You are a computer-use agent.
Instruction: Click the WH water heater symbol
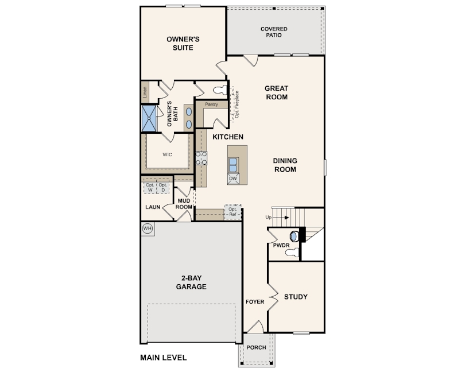pos(148,228)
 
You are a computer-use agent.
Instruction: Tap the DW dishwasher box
pos(233,179)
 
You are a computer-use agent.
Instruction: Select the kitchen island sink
pos(233,165)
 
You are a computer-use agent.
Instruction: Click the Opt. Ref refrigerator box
pos(233,212)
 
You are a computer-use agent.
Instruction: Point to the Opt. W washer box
pos(150,188)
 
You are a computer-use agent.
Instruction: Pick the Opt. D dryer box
pos(163,188)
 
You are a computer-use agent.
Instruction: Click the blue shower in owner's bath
pos(149,118)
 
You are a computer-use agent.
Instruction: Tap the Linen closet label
pos(145,92)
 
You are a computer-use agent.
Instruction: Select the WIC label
pos(167,154)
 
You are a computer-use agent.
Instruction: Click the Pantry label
pos(211,104)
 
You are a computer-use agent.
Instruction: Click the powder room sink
pos(293,236)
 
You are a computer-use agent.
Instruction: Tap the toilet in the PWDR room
pos(292,253)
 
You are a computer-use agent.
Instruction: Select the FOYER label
pos(255,302)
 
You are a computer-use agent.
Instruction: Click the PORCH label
pos(256,347)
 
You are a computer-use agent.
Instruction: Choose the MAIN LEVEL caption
pos(164,358)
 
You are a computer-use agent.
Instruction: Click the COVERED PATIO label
pos(274,32)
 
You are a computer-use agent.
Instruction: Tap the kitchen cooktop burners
pos(201,158)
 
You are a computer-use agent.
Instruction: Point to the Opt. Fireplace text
pos(237,104)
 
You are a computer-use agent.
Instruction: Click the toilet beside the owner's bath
pos(220,90)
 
